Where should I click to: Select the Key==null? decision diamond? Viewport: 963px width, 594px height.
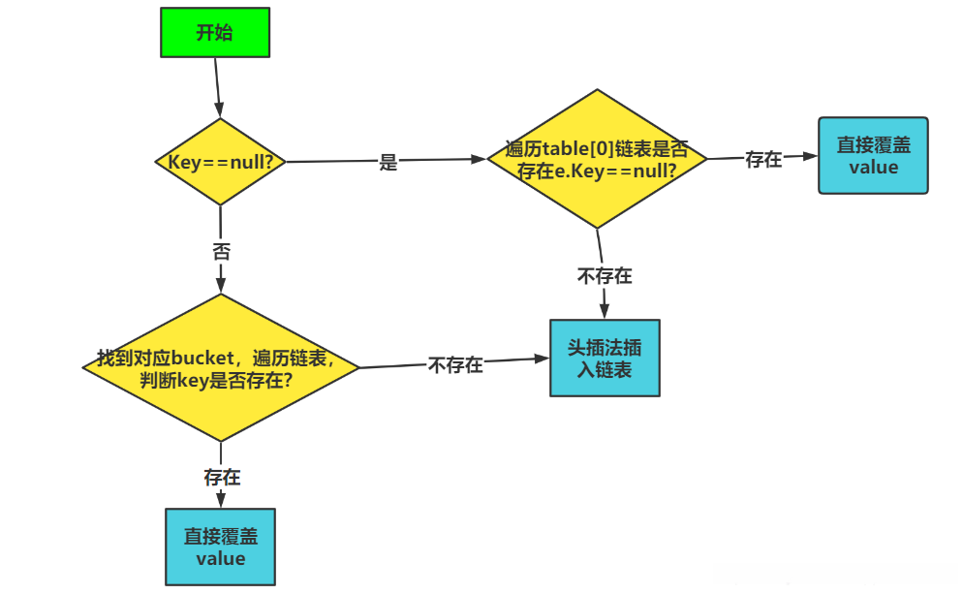click(221, 162)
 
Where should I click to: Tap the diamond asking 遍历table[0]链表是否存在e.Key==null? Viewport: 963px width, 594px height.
click(597, 159)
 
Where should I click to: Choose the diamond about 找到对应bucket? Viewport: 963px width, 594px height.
click(221, 367)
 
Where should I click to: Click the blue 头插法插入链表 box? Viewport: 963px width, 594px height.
click(605, 358)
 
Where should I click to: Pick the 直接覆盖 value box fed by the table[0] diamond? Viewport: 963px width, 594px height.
click(873, 156)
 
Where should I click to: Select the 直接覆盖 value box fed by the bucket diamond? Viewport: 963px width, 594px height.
click(221, 547)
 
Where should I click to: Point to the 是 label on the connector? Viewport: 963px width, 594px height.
click(388, 163)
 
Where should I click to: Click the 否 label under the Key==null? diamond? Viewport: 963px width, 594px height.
click(221, 251)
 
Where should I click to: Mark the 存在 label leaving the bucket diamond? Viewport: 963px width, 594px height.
click(222, 477)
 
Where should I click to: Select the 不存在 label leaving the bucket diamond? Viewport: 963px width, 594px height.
click(455, 364)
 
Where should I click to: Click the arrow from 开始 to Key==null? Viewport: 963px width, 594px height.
click(218, 87)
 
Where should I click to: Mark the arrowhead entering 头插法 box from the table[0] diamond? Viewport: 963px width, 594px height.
click(605, 312)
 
